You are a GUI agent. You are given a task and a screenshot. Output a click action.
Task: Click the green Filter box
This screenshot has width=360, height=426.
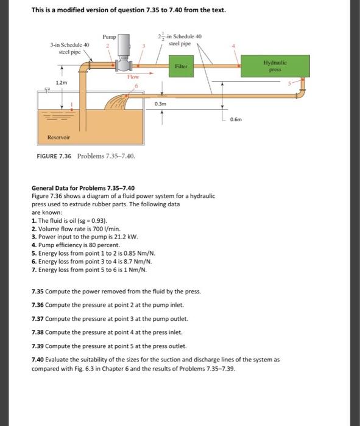[x=181, y=66]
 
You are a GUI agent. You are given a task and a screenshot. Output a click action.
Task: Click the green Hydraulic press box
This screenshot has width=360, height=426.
[x=275, y=66]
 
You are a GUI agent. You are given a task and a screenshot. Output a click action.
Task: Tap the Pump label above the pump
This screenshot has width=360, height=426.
[x=109, y=37]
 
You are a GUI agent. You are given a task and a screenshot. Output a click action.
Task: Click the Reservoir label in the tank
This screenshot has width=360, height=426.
[x=58, y=137]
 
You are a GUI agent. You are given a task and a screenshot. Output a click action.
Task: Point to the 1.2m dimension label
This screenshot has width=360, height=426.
[x=62, y=83]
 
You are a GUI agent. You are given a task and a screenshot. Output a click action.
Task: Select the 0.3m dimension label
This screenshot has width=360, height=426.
[x=160, y=104]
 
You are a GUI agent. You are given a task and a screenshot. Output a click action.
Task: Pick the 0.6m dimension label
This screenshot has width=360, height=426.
[x=236, y=119]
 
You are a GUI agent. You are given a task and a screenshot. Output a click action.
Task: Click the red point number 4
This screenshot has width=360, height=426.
[x=233, y=46]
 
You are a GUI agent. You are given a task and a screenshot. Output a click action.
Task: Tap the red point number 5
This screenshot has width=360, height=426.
[x=289, y=83]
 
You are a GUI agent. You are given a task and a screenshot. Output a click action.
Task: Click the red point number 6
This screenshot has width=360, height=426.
[x=136, y=86]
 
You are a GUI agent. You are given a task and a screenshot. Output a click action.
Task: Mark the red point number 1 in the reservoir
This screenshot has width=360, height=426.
[x=72, y=104]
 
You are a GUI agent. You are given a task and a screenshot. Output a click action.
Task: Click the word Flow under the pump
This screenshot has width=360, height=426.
[x=133, y=77]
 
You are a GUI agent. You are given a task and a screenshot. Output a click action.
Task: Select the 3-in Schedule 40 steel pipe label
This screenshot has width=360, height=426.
[x=70, y=48]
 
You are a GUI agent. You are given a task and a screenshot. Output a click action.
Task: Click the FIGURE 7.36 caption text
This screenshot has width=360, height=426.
[x=54, y=156]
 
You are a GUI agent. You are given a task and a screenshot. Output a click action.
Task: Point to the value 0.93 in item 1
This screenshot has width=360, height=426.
[x=99, y=220]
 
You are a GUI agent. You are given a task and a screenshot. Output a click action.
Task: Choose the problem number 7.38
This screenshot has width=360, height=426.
[x=38, y=332]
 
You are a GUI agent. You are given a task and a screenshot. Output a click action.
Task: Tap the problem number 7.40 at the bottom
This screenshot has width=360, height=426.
[x=38, y=360]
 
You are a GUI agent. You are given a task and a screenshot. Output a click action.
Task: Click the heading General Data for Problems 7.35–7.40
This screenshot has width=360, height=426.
[x=83, y=188]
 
